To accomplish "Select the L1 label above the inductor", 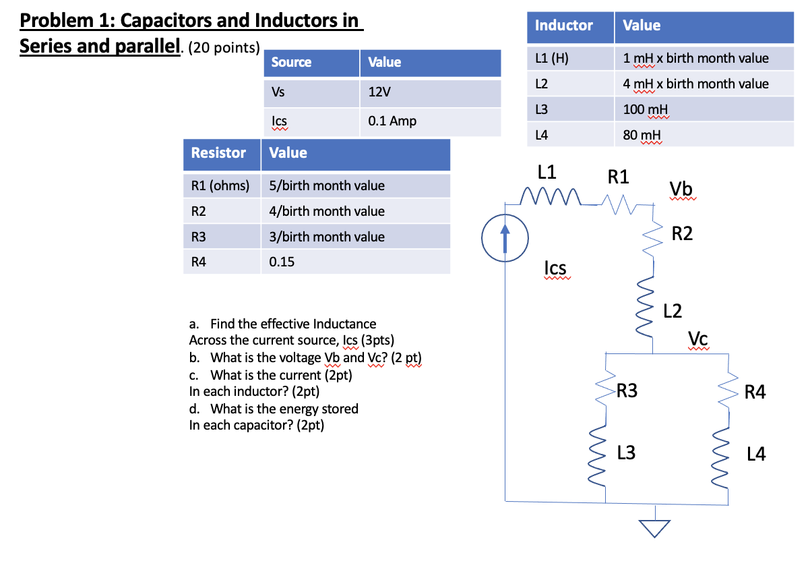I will pos(547,172).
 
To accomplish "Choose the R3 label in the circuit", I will pos(627,391).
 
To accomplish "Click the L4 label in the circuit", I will pos(756,455).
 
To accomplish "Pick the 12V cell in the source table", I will pos(380,92).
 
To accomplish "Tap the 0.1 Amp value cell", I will pos(392,121).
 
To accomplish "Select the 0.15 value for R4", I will pos(282,262).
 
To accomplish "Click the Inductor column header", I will pos(563,26).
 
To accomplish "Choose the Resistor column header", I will pos(218,153).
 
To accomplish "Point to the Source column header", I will pos(291,62).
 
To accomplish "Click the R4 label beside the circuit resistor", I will pos(755,392).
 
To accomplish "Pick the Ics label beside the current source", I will pos(555,268).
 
